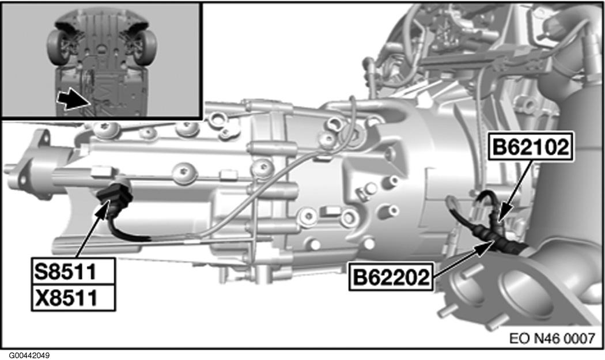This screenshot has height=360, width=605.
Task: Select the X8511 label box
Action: point(71,297)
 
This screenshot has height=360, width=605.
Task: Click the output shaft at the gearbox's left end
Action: point(17,169)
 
